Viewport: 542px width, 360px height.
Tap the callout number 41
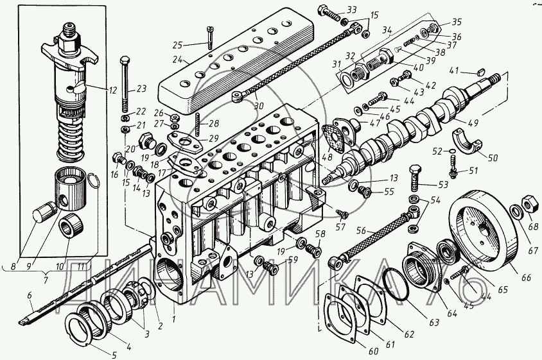454,70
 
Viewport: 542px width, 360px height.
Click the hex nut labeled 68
530,205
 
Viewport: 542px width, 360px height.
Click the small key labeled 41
478,69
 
